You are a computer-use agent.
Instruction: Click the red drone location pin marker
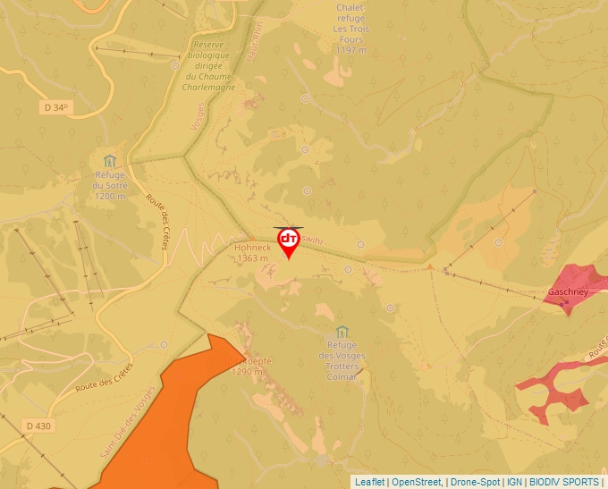(289, 241)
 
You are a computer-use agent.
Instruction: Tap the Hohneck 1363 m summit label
(252, 252)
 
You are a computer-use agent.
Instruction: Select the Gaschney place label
(568, 291)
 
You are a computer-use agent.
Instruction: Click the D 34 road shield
(55, 107)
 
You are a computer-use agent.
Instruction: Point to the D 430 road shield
(38, 426)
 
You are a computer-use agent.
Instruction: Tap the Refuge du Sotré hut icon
(110, 161)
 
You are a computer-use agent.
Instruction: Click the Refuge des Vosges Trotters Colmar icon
(342, 332)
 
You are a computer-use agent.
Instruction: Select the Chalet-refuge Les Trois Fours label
(350, 29)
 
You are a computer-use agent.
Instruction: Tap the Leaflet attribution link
(369, 482)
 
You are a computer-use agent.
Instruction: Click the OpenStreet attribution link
(416, 482)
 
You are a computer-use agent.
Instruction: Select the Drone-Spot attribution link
(475, 482)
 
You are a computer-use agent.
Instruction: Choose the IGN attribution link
(515, 482)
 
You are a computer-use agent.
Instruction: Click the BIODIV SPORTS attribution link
(564, 482)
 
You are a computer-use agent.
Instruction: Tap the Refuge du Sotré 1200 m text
(111, 185)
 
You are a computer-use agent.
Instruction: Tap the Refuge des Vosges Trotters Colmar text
(342, 360)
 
